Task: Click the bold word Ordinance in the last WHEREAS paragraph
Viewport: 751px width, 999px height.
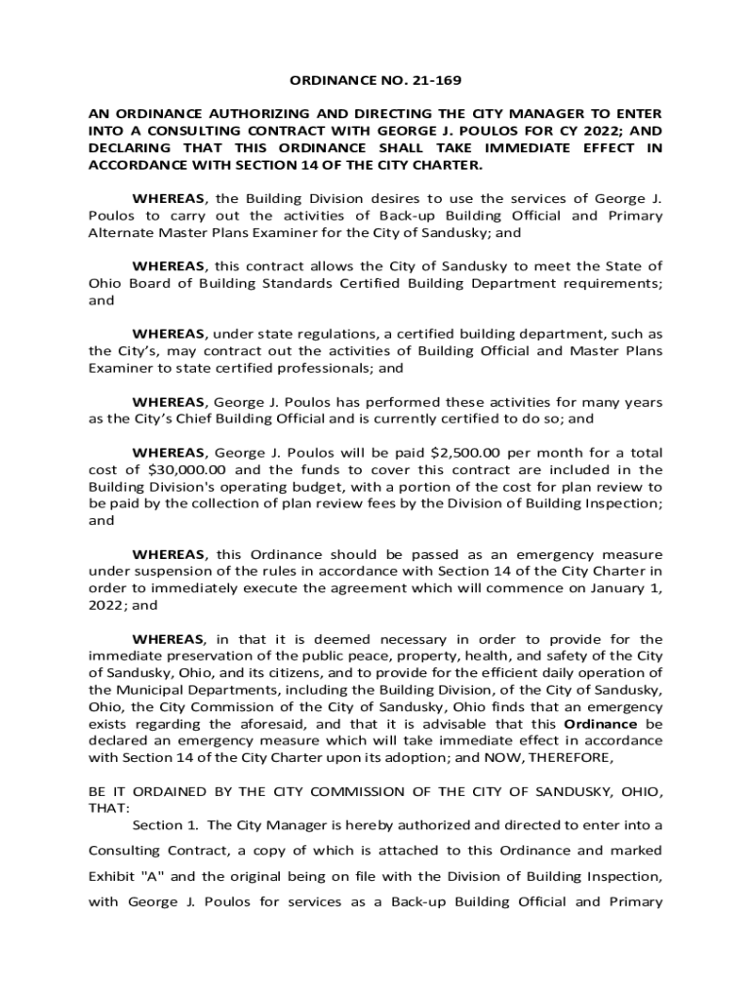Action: coord(601,724)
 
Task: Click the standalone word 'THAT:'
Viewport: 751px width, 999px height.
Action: coord(107,808)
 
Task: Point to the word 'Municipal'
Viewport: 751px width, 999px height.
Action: coord(149,690)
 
